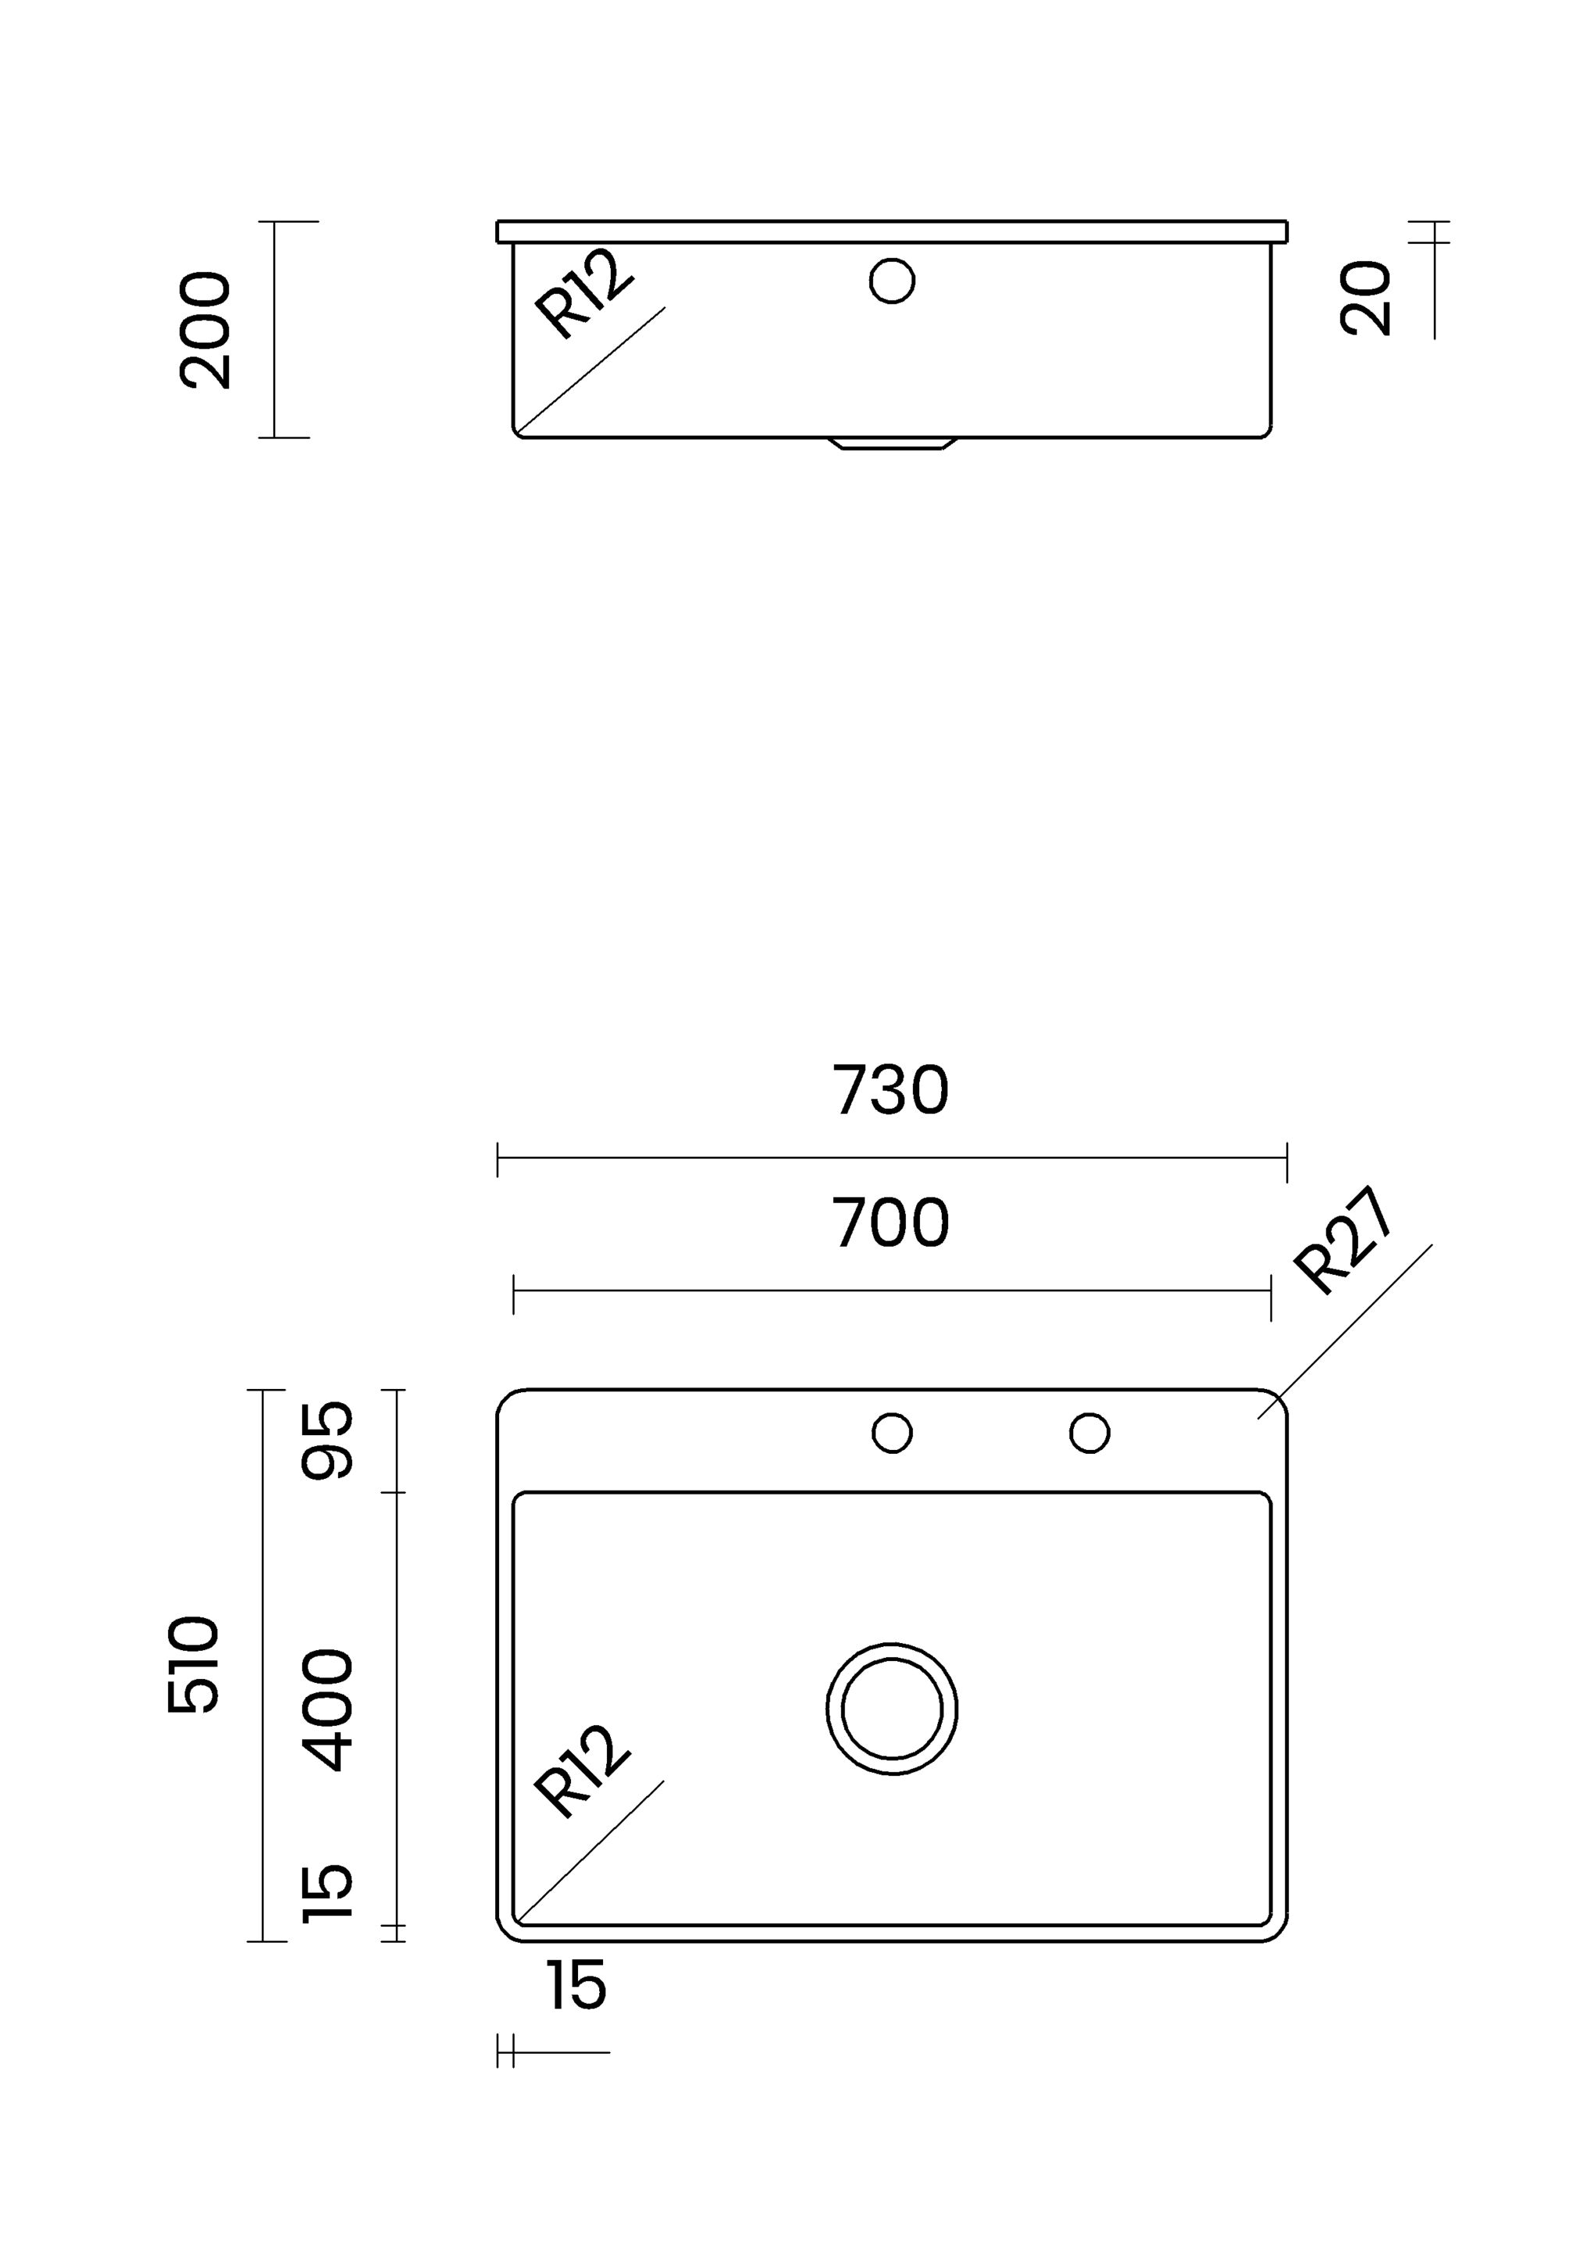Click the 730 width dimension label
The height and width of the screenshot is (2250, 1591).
890,1090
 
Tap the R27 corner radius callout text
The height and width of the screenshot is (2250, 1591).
1342,1241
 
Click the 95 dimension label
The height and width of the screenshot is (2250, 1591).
326,1440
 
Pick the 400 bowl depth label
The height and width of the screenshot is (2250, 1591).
326,1710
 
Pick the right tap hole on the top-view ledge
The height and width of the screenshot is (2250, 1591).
1090,1433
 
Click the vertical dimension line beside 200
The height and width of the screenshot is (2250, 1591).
274,330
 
